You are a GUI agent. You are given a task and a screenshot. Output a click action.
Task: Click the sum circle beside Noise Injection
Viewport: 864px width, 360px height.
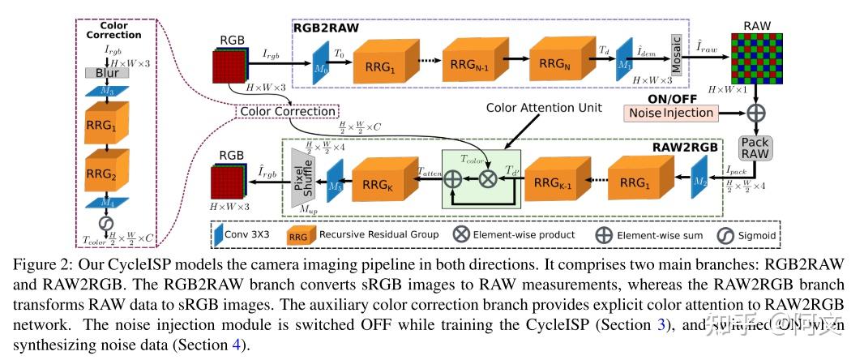(x=757, y=111)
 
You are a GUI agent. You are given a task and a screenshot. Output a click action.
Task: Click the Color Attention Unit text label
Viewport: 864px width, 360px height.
(x=537, y=108)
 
